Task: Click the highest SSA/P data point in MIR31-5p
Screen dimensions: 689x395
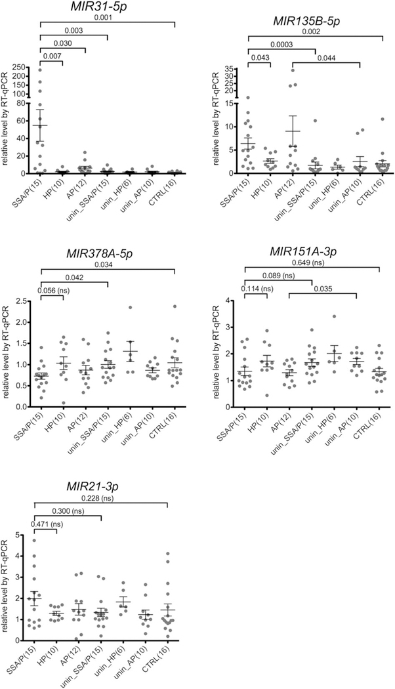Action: [x=40, y=70]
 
